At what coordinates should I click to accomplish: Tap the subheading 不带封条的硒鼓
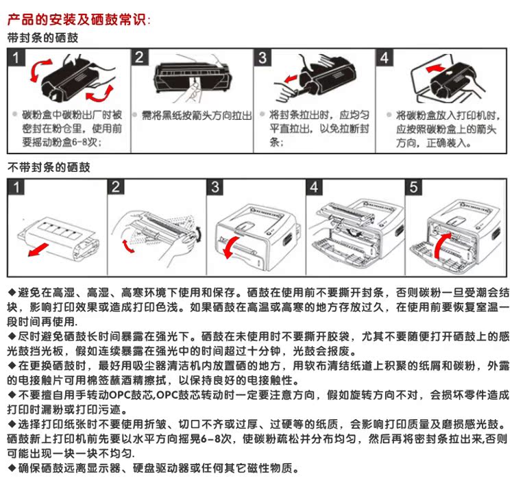[48, 166]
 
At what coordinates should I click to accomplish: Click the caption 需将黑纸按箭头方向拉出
[193, 116]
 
